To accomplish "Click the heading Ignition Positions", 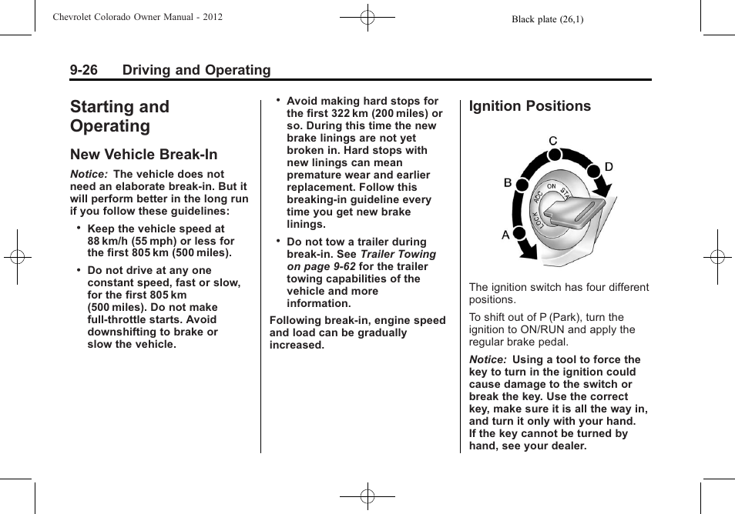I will click(530, 106).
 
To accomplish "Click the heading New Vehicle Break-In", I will click(143, 155).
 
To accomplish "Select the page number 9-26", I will click(83, 70).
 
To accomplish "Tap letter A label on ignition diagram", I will click(506, 235).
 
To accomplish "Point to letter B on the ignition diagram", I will click(508, 183).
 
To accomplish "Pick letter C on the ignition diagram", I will click(552, 141).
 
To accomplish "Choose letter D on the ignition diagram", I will click(608, 167).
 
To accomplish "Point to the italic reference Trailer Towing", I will click(398, 254).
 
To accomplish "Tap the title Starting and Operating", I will click(119, 116).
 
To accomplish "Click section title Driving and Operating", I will click(196, 70).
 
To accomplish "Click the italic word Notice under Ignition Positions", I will click(488, 359).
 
